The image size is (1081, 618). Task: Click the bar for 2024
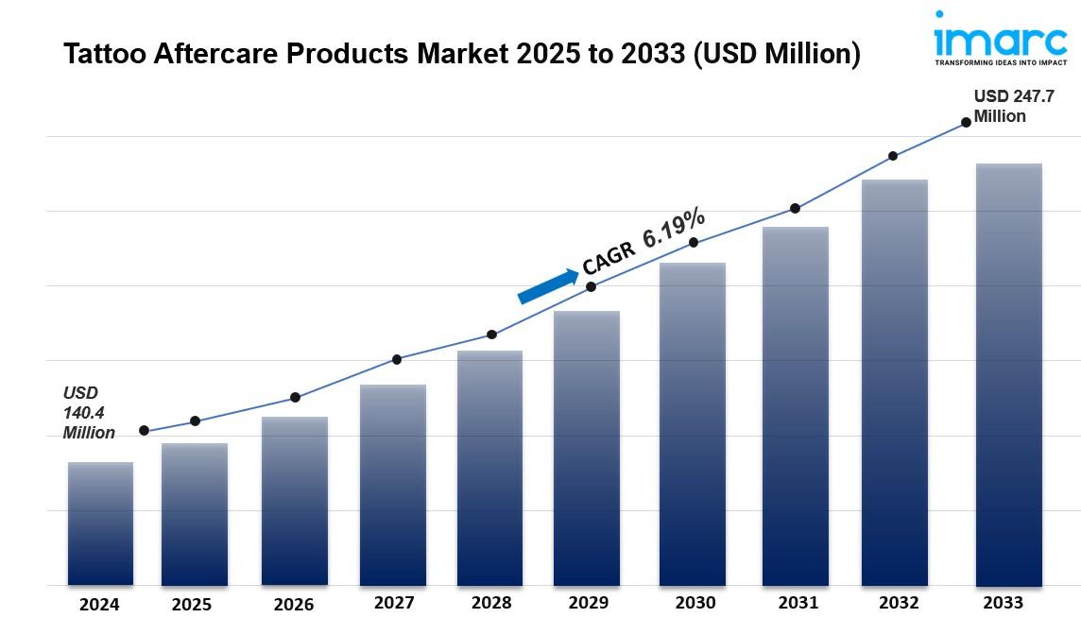[100, 524]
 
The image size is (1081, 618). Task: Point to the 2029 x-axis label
[588, 603]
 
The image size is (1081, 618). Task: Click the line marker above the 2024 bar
[144, 431]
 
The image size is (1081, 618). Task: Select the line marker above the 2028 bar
[491, 335]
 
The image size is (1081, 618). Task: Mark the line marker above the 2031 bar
[795, 208]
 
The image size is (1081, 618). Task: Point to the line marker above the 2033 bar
[966, 122]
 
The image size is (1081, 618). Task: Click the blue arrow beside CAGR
[548, 287]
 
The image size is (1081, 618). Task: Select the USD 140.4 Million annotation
[89, 413]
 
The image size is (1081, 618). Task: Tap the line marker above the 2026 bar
[295, 397]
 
